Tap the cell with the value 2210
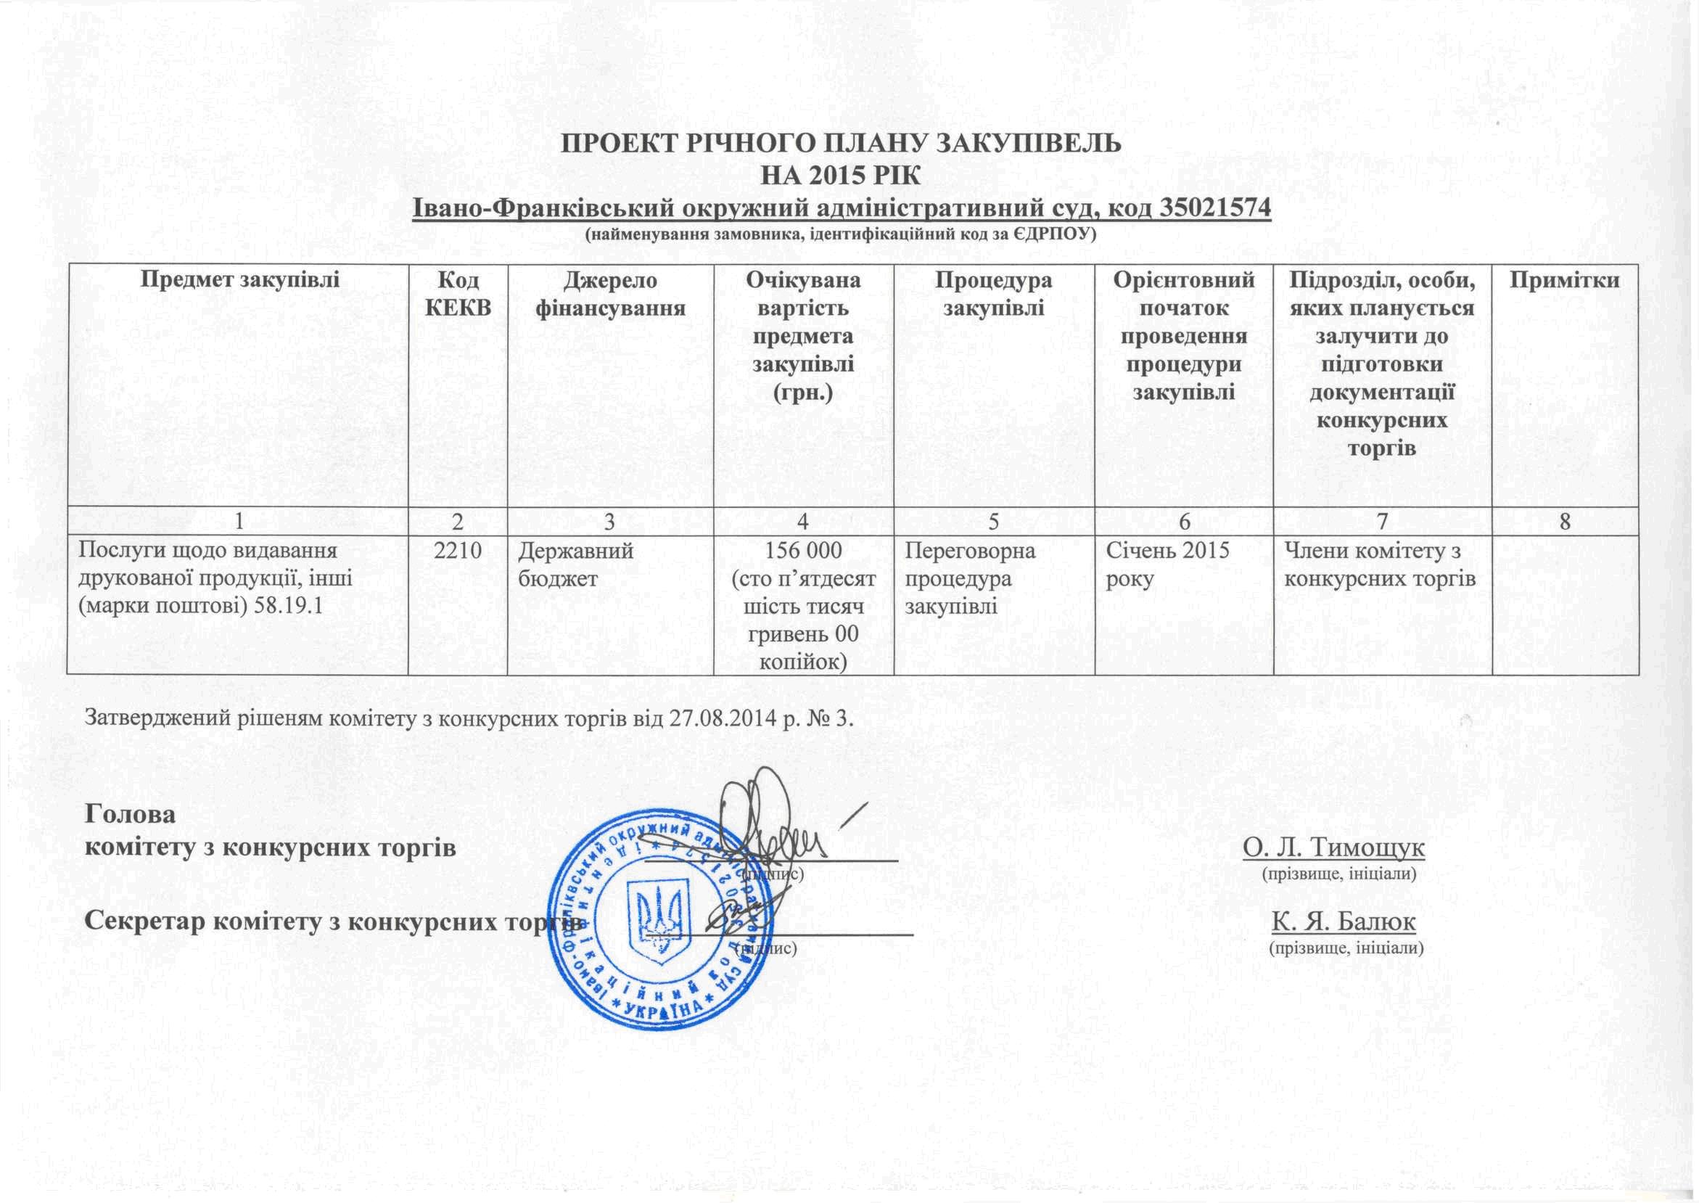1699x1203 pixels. [458, 551]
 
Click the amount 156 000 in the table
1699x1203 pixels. [803, 551]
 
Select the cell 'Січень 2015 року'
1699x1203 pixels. [1167, 564]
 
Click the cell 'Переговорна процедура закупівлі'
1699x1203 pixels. [969, 578]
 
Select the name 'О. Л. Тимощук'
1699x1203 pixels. [1334, 847]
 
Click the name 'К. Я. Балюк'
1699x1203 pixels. [1344, 922]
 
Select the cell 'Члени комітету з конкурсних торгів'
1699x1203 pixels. [1381, 564]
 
